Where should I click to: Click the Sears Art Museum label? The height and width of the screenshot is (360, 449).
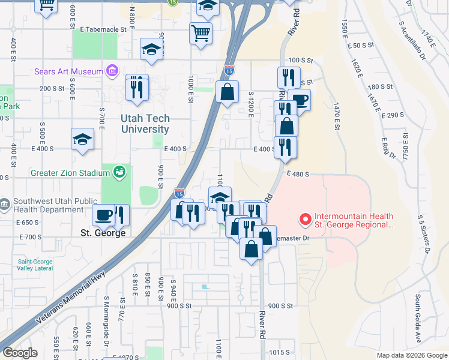[69, 72]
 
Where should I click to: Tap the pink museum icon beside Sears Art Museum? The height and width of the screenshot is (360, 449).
[111, 72]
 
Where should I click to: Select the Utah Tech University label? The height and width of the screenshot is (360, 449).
[145, 124]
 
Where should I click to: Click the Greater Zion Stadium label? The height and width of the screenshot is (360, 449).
[70, 173]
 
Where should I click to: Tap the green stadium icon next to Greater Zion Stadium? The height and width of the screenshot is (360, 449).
[119, 173]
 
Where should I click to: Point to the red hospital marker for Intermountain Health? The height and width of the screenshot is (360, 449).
[305, 220]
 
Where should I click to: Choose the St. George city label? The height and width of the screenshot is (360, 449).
[103, 232]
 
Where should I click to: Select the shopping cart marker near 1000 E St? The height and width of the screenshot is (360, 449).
[200, 34]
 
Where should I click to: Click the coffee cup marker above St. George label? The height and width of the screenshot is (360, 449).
[104, 215]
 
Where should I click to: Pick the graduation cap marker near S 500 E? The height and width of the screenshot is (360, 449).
[82, 140]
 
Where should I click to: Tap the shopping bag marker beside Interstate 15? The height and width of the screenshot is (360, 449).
[227, 92]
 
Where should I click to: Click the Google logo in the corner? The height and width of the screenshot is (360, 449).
[19, 353]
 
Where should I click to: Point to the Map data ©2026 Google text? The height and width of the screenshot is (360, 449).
[412, 355]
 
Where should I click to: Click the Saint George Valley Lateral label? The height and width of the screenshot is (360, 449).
[35, 265]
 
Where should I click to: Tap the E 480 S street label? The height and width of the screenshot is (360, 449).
[297, 174]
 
